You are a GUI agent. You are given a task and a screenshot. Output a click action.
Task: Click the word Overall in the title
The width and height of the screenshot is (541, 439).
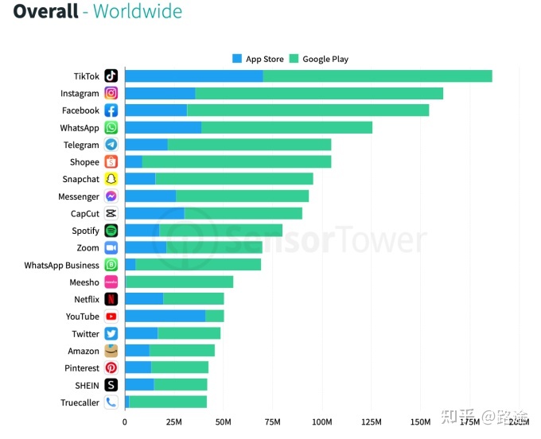[45, 12]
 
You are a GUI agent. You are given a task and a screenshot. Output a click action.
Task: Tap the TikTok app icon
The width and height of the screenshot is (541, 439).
[111, 76]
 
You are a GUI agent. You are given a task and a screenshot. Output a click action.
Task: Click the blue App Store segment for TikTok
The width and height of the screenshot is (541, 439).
[193, 76]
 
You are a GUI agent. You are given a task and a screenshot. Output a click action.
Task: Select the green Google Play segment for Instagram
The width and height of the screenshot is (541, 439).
[318, 93]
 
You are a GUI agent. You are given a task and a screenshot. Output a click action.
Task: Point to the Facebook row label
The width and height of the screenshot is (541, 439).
[80, 111]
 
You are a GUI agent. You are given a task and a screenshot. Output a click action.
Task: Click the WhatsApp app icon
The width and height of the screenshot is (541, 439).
[111, 128]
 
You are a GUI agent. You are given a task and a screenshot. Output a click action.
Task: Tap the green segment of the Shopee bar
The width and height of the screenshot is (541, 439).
[236, 162]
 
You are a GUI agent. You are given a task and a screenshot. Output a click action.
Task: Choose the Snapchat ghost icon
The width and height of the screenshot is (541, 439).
[111, 180]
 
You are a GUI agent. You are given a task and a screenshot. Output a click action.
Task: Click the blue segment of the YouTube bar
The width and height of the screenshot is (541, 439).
[165, 317]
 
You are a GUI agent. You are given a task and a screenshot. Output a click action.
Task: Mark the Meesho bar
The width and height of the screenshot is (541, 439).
[179, 282]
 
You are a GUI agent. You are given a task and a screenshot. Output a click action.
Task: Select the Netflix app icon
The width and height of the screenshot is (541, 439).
[111, 300]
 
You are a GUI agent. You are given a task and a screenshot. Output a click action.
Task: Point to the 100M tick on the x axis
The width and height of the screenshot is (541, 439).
[322, 422]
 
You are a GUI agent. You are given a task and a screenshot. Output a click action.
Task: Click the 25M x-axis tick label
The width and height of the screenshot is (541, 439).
[173, 422]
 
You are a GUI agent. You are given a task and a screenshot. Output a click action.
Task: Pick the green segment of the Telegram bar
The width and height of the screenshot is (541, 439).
[249, 145]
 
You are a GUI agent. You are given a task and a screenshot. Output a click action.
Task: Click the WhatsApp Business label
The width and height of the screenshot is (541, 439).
[61, 266]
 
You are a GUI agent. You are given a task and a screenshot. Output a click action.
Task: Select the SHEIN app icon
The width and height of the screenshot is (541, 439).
[111, 385]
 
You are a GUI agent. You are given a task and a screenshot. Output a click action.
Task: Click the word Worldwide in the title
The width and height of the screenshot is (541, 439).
[138, 12]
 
